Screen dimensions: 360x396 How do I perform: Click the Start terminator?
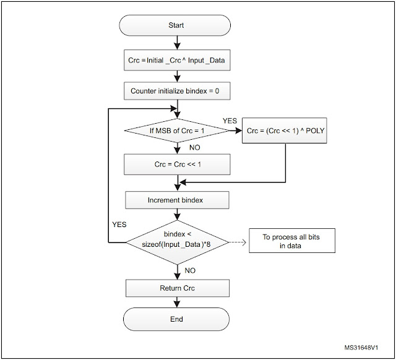tap(177, 25)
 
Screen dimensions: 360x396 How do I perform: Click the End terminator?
tap(177, 319)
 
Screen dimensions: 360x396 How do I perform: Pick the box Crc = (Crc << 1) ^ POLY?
tap(285, 131)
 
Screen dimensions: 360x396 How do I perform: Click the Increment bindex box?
tap(177, 200)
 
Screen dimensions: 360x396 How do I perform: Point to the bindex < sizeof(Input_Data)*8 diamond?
tap(177, 241)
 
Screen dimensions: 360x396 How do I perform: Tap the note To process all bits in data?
tap(291, 241)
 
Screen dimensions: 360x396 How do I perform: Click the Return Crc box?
tap(177, 288)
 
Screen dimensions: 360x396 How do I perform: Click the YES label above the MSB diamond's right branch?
tap(229, 121)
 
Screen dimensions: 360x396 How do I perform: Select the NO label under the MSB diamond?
tap(196, 148)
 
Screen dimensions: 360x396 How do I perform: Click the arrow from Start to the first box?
tap(177, 42)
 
